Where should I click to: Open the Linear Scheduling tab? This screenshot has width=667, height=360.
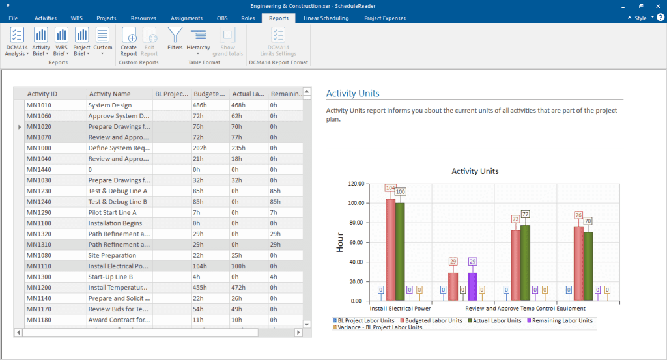(326, 18)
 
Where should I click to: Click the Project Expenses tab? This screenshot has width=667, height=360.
(384, 18)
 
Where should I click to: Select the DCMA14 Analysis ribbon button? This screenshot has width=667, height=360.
(17, 42)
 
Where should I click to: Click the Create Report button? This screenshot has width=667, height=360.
(129, 42)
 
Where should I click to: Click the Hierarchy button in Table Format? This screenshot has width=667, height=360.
(198, 42)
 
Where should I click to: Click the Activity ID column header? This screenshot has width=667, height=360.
(42, 94)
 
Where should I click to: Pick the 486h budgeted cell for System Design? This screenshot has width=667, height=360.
(200, 105)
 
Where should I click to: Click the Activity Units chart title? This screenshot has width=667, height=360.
(475, 171)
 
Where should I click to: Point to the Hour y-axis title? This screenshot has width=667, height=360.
(340, 242)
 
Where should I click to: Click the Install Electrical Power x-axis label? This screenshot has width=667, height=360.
(401, 309)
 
